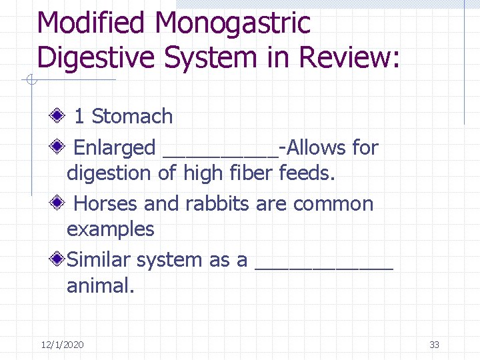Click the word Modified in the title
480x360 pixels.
(92, 23)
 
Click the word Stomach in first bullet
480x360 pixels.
(132, 117)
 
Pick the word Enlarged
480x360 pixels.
(115, 148)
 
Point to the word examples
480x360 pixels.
(111, 230)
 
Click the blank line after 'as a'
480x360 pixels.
(324, 265)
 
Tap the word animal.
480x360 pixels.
(100, 286)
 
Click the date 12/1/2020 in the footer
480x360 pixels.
(62, 345)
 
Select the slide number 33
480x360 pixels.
(435, 345)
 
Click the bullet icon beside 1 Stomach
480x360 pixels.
(60, 117)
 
